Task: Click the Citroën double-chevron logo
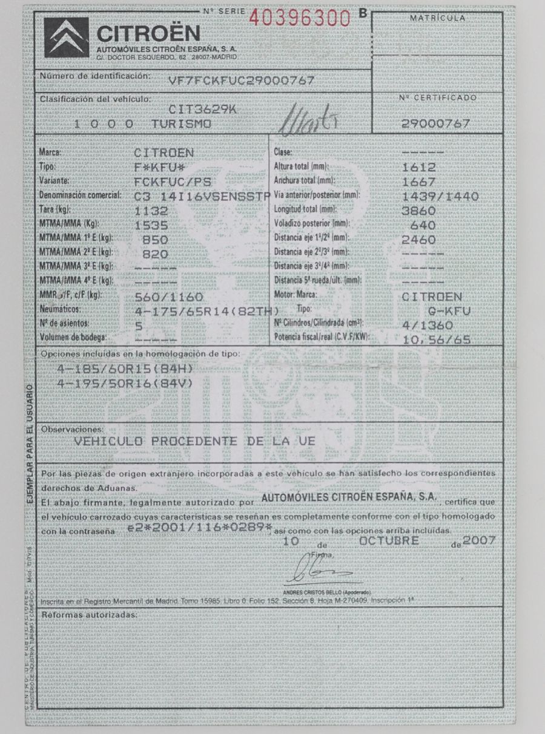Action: pos(67,37)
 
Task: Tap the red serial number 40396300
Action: pos(300,19)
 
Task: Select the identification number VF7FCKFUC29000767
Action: pos(241,80)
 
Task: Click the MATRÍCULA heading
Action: pos(437,19)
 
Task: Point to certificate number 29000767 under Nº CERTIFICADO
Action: pos(436,123)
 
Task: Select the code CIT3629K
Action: pos(203,110)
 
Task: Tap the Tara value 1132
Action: pos(151,212)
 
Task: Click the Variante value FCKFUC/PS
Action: pos(171,182)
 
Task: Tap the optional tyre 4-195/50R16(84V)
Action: pos(125,384)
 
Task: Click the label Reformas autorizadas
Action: pos(90,615)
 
